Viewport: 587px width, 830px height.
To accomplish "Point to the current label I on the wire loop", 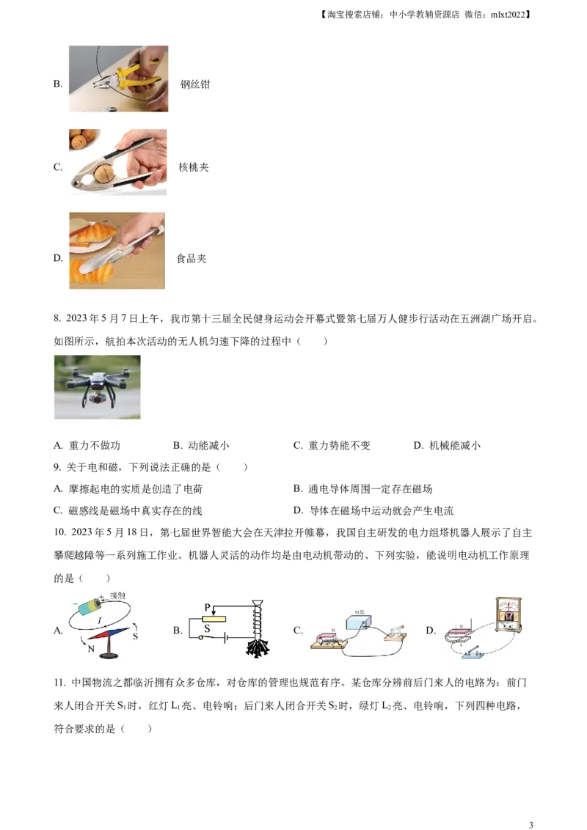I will click(x=99, y=620).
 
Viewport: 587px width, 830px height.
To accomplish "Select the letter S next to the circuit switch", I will click(x=208, y=628).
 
